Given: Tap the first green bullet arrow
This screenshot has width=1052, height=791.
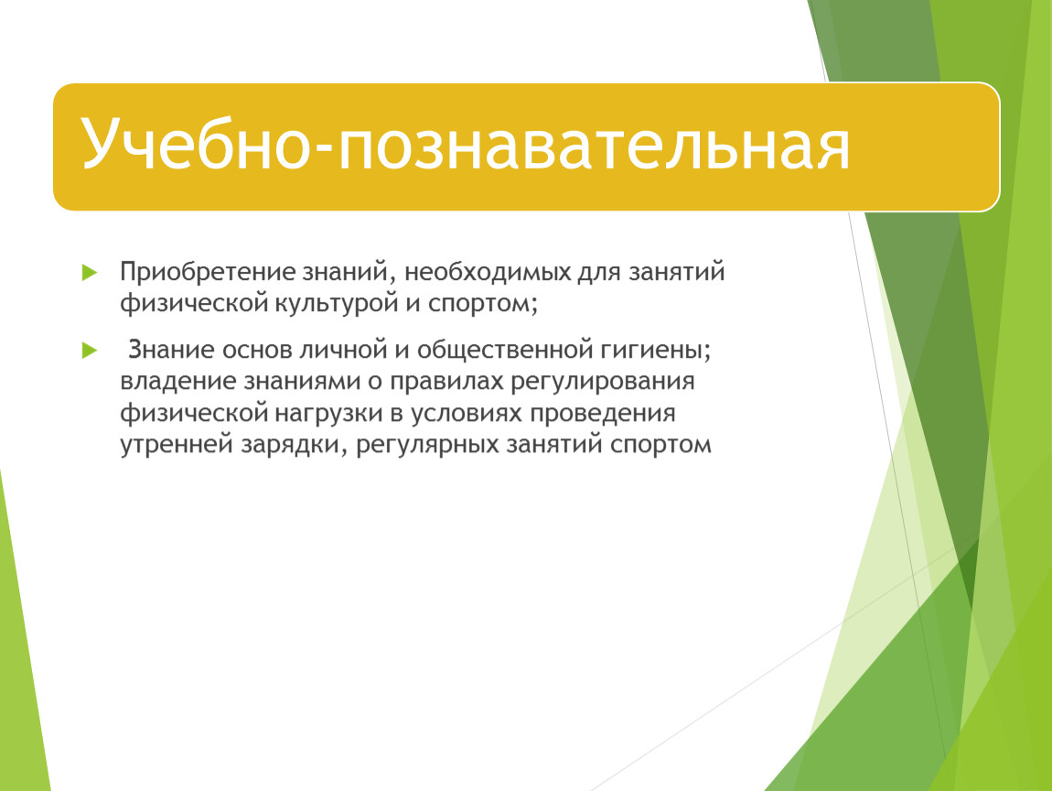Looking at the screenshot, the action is coord(90,273).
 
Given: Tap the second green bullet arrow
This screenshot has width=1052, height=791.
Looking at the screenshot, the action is coord(90,350).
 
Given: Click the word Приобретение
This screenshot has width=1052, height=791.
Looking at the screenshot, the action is coord(208,272).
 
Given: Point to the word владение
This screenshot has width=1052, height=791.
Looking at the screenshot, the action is coord(177,382).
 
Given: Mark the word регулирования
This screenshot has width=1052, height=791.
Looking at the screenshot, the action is coord(603,382).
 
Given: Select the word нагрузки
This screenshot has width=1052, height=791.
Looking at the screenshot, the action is coord(328,413).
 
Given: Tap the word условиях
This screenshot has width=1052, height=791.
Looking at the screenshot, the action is coord(467,413).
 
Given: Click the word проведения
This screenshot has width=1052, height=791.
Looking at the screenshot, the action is coord(603,413).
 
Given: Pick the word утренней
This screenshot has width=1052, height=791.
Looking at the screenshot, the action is coord(177,445).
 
